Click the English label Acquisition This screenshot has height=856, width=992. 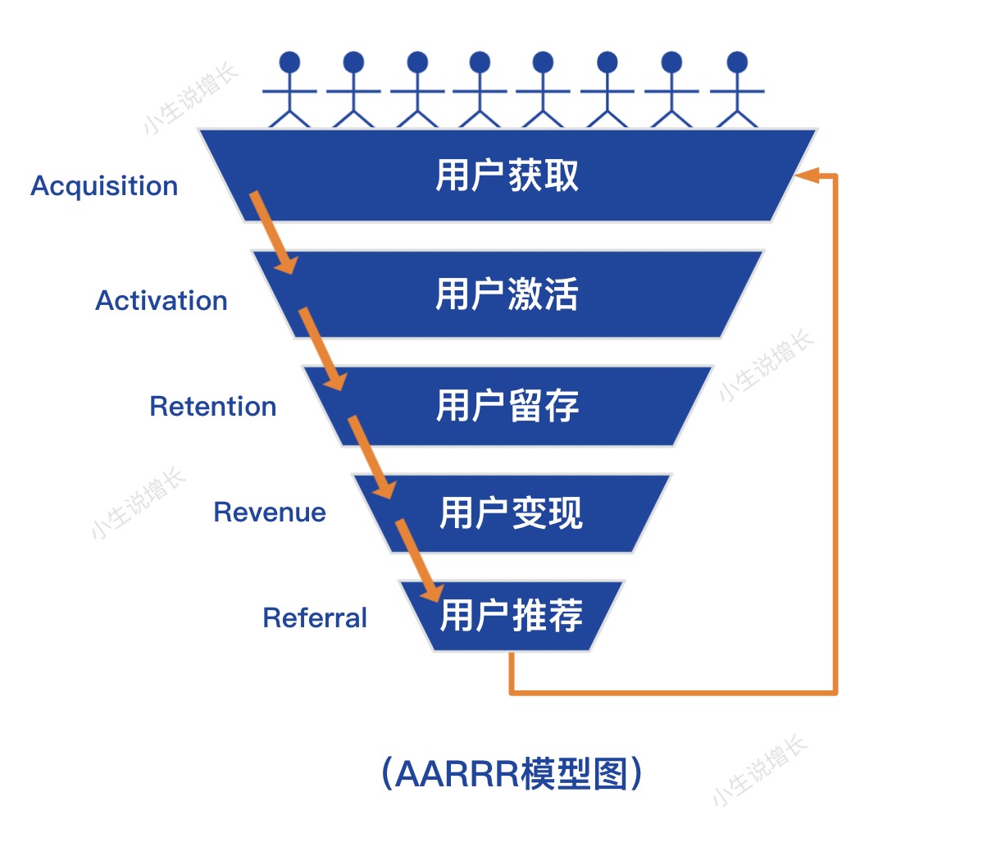[x=104, y=186]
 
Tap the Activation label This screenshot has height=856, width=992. [x=162, y=301]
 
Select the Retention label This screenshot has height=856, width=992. [x=213, y=407]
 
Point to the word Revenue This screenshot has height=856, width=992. [x=270, y=512]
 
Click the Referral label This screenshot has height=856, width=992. [x=315, y=618]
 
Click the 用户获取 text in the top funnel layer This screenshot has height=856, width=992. [x=507, y=175]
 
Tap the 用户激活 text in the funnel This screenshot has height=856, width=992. [x=507, y=294]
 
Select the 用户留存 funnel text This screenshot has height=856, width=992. [x=507, y=406]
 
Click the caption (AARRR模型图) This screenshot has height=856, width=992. [x=512, y=773]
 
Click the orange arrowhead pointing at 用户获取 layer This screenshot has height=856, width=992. [x=808, y=175]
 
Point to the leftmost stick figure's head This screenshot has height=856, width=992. [x=289, y=62]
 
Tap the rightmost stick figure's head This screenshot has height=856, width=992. [x=737, y=62]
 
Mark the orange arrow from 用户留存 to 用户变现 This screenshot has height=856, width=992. [x=371, y=457]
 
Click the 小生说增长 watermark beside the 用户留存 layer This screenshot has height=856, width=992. [x=766, y=366]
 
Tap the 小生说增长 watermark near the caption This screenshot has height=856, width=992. [x=759, y=771]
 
